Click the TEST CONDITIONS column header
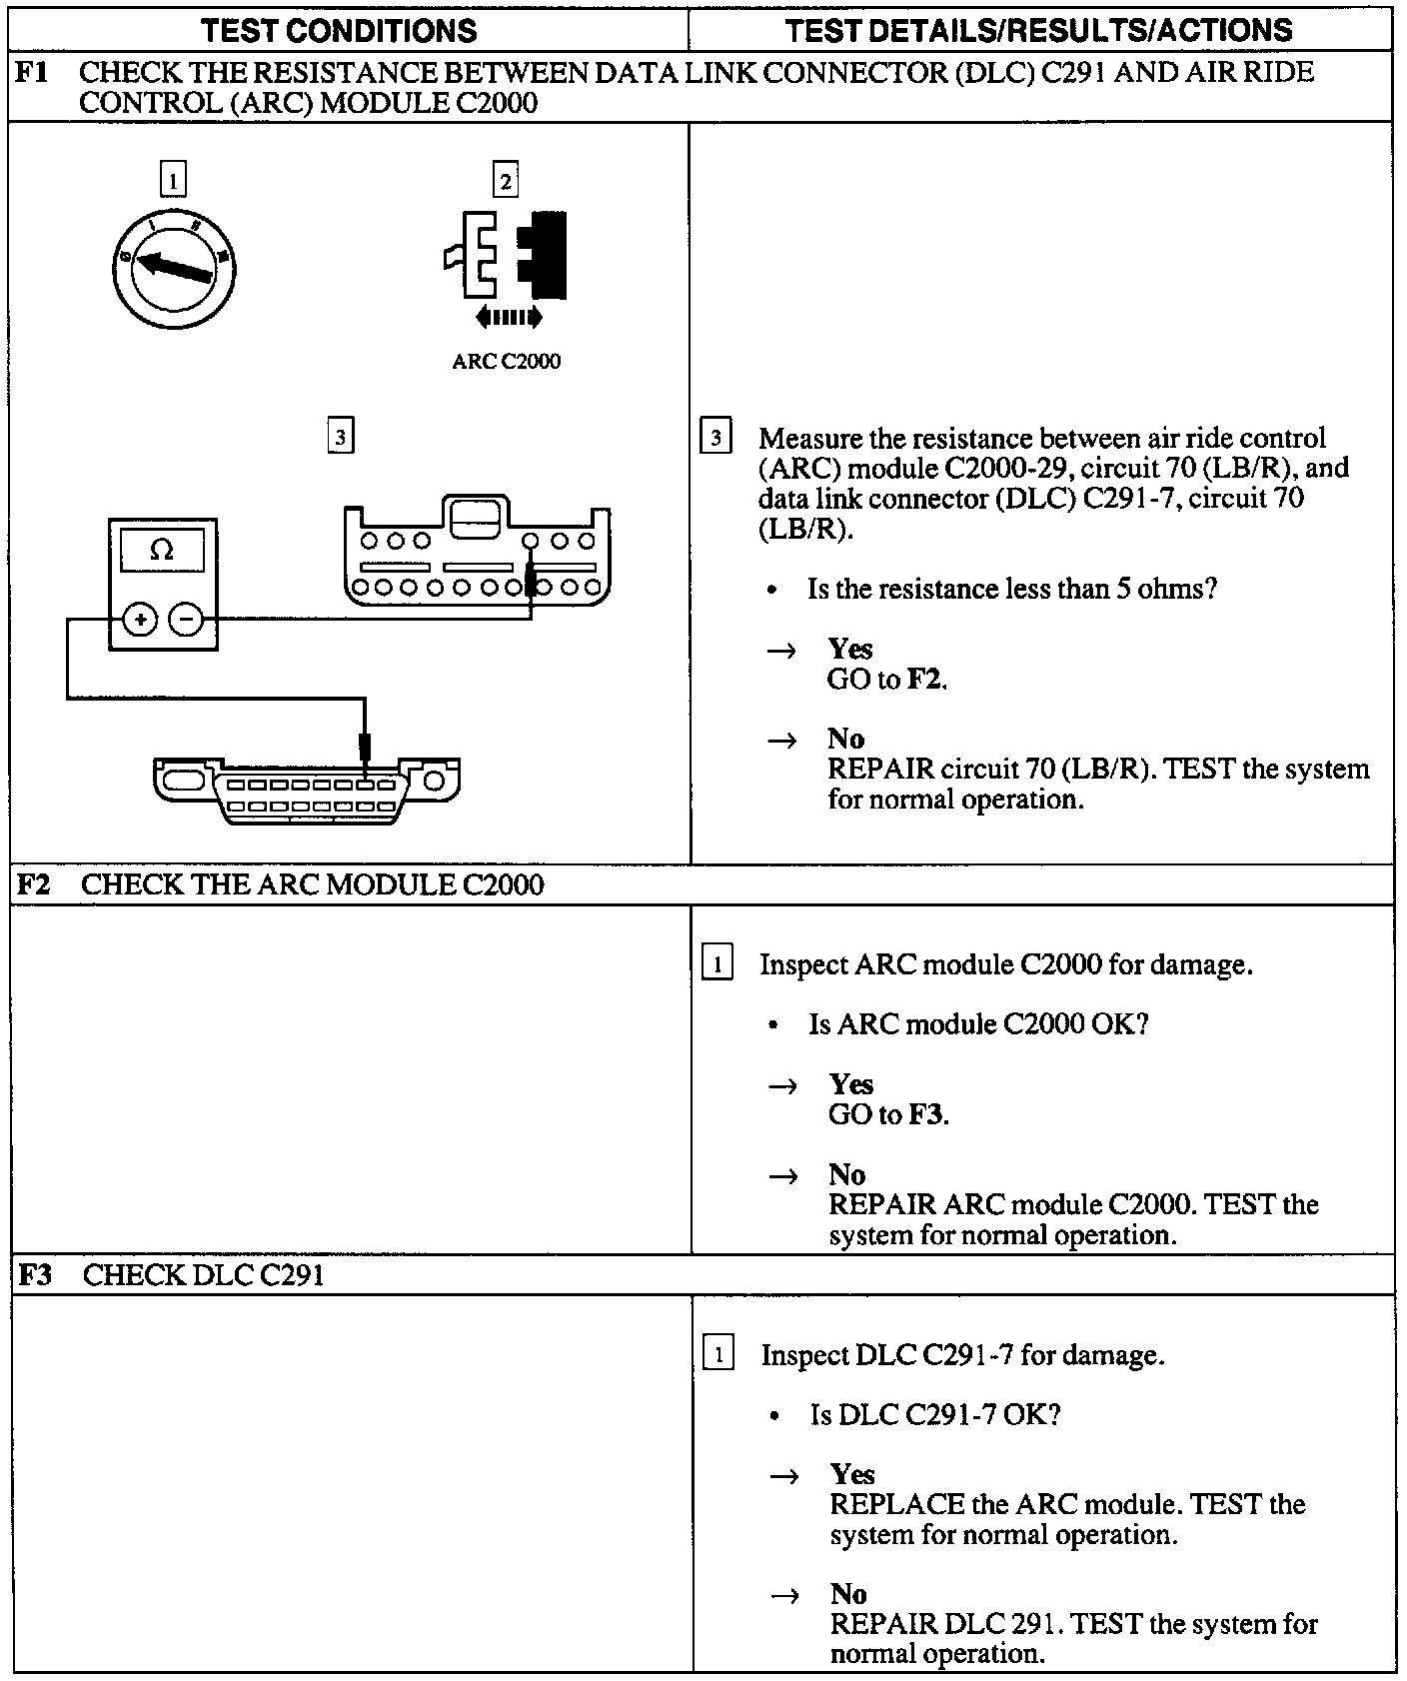point(339,30)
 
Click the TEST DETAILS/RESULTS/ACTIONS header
point(1039,30)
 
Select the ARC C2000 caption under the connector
point(506,362)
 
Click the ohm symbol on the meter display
point(161,550)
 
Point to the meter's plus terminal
point(140,621)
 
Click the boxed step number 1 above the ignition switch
point(173,181)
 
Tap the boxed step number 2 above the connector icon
point(506,181)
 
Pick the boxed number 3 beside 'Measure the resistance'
point(715,438)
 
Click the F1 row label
point(33,73)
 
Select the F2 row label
point(35,884)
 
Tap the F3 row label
point(36,1275)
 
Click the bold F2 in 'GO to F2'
point(925,680)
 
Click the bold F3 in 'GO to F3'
point(926,1114)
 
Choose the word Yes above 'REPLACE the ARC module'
point(851,1474)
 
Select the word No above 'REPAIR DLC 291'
point(848,1593)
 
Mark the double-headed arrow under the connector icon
point(509,318)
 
